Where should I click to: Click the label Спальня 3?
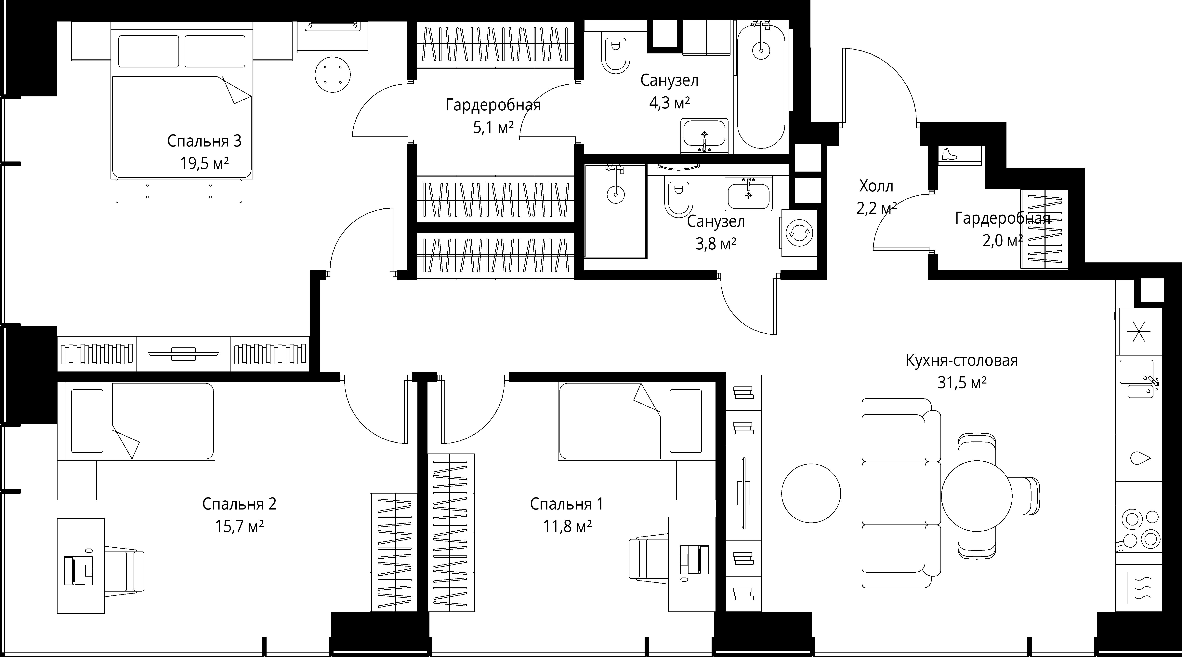pos(204,141)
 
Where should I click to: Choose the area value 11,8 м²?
pos(567,526)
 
